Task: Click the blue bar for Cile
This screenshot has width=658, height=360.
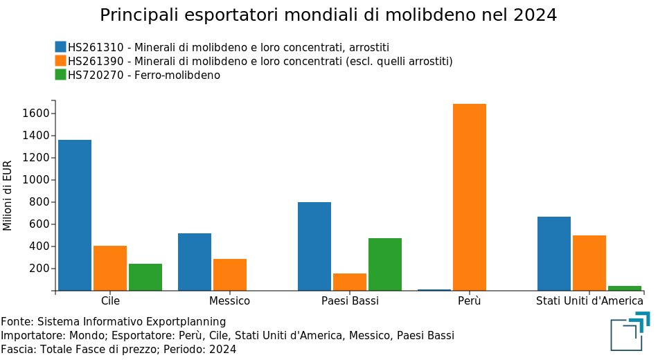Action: pyautogui.click(x=75, y=215)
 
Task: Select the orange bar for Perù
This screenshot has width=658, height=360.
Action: pyautogui.click(x=470, y=197)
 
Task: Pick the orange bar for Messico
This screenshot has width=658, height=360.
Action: pyautogui.click(x=230, y=274)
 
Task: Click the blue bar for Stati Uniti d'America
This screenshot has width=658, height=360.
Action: pyautogui.click(x=554, y=253)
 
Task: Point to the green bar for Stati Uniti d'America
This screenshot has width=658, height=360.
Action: pyautogui.click(x=625, y=288)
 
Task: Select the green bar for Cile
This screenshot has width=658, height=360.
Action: pyautogui.click(x=145, y=277)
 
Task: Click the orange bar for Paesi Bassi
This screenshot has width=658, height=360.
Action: pyautogui.click(x=350, y=282)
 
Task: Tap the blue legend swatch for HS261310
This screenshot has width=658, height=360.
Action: pyautogui.click(x=61, y=47)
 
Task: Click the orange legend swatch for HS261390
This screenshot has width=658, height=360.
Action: pyautogui.click(x=61, y=61)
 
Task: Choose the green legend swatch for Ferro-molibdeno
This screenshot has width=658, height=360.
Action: pyautogui.click(x=61, y=75)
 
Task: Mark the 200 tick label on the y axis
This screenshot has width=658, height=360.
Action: pyautogui.click(x=39, y=269)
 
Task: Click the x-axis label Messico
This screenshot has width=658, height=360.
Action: pyautogui.click(x=230, y=301)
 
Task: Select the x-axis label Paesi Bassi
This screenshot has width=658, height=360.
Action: pyautogui.click(x=350, y=301)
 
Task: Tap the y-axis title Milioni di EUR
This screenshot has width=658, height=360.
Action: pyautogui.click(x=8, y=195)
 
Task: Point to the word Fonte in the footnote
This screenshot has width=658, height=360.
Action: pyautogui.click(x=17, y=322)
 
